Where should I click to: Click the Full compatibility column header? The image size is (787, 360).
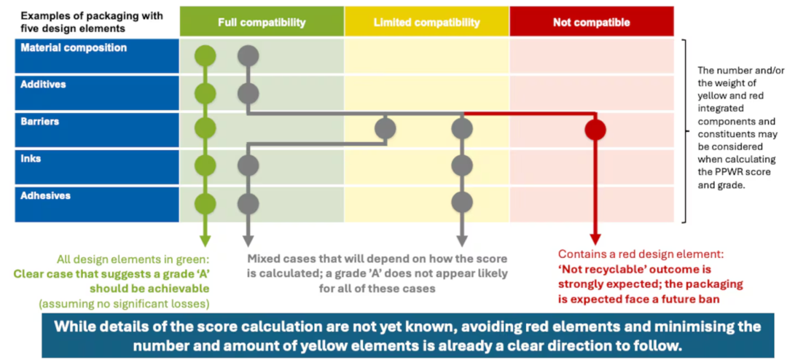(x=262, y=23)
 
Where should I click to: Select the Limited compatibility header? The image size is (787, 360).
(x=426, y=23)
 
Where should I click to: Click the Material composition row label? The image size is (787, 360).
(x=74, y=48)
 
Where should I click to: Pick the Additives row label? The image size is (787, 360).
(x=43, y=85)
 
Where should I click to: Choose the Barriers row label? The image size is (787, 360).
(x=40, y=122)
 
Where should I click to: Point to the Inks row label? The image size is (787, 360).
(x=31, y=159)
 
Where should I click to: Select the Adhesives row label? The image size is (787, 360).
(x=45, y=196)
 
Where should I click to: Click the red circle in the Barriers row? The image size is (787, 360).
(x=595, y=130)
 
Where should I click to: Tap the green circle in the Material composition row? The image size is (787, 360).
(x=205, y=55)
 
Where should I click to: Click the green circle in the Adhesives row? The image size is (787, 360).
(x=205, y=204)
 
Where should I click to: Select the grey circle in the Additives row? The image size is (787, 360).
(x=248, y=93)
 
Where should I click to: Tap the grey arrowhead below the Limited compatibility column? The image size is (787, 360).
(x=462, y=241)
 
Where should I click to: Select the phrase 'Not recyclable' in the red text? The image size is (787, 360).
(x=592, y=268)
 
